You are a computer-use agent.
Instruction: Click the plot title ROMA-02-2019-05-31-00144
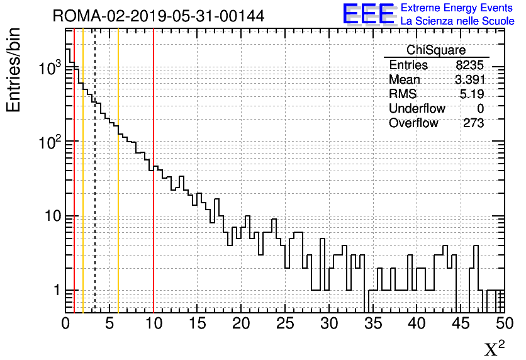click(158, 16)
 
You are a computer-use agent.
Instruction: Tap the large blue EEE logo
click(368, 14)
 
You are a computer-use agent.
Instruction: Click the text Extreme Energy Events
click(457, 8)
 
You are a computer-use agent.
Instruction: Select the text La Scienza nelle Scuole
click(457, 21)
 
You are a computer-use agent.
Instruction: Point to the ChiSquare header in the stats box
click(436, 50)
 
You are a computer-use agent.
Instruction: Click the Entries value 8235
click(470, 65)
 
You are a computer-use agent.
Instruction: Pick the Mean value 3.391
click(469, 80)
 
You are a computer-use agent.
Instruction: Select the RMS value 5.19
click(472, 94)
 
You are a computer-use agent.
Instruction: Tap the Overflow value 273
click(473, 123)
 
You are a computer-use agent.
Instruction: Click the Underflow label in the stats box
click(417, 109)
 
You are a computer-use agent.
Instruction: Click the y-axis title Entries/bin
click(14, 69)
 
